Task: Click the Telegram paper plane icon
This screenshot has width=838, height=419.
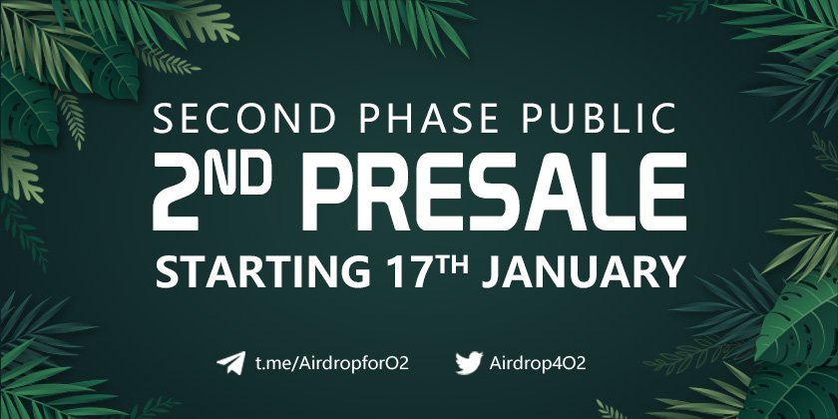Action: click(x=230, y=362)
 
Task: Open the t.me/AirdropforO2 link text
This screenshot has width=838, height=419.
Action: click(x=331, y=362)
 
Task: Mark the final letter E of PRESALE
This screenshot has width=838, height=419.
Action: click(x=661, y=193)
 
